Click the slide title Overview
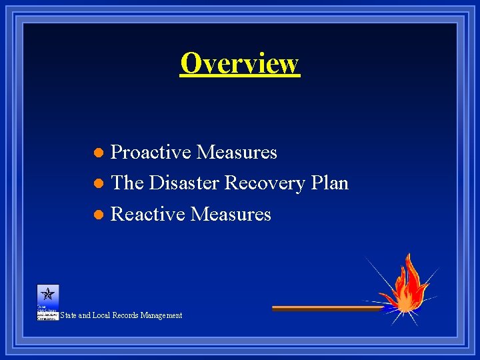tap(239, 63)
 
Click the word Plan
tap(329, 183)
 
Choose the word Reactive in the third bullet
tap(147, 214)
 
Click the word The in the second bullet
tap(127, 183)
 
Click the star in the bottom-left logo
tap(48, 293)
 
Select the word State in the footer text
tap(68, 315)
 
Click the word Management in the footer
tap(161, 315)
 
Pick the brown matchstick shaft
tap(327, 309)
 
